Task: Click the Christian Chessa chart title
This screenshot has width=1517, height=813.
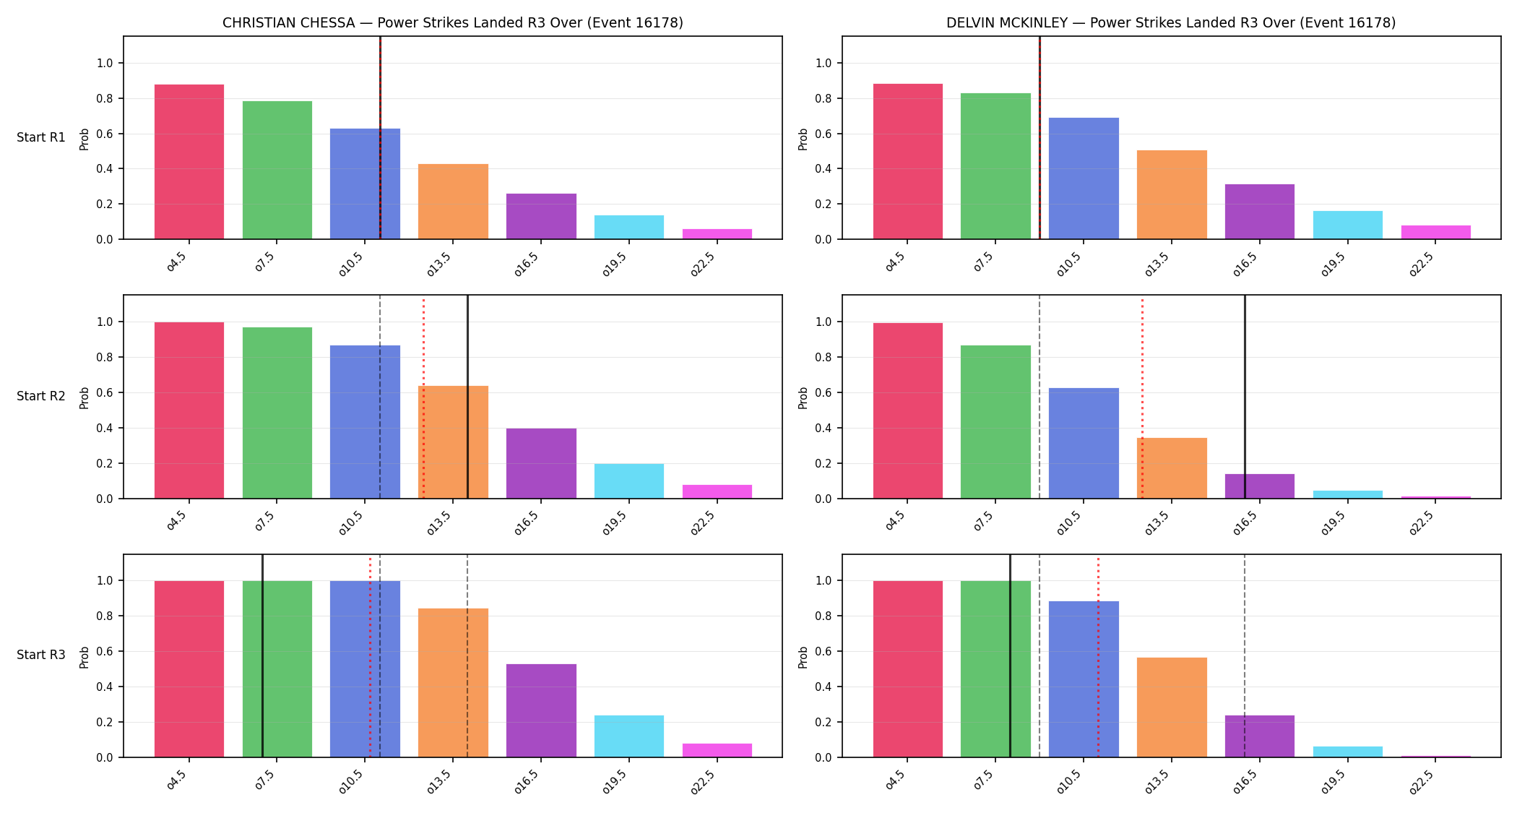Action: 452,22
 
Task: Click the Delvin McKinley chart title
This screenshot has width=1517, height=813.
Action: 1171,22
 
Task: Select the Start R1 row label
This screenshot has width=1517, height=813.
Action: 41,137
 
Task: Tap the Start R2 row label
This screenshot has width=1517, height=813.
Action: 41,396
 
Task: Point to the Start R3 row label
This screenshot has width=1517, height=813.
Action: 41,655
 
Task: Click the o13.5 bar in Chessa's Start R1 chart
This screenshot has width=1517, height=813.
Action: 453,202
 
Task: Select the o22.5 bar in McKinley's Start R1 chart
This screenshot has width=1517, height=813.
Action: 1436,232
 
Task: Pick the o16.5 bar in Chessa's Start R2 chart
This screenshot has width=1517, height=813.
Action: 541,463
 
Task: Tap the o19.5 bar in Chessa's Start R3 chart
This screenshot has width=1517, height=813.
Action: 629,736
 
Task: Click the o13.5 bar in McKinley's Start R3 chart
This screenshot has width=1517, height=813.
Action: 1172,707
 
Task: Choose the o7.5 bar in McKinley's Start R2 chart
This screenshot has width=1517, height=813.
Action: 995,422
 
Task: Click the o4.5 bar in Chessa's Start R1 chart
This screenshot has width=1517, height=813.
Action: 189,162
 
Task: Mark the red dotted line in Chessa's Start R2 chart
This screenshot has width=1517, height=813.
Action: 423,397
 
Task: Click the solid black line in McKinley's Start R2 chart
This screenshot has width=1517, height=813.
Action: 1245,397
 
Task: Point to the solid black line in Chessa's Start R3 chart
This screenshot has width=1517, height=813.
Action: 262,655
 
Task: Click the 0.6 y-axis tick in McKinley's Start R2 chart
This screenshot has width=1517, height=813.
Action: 824,393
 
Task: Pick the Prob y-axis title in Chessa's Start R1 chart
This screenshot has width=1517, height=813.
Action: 85,139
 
